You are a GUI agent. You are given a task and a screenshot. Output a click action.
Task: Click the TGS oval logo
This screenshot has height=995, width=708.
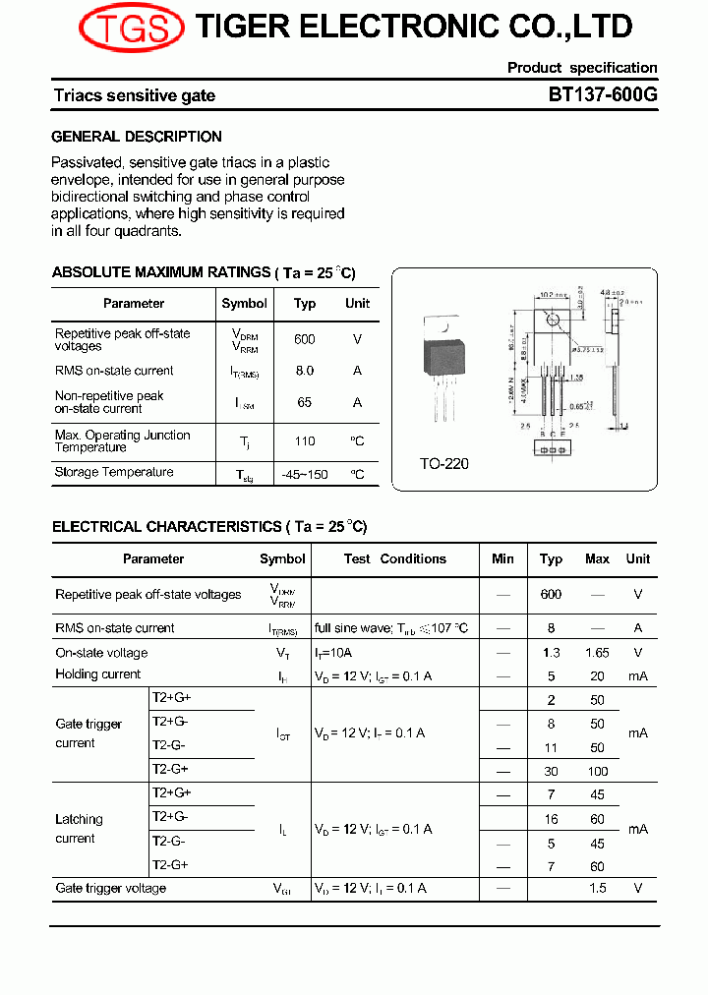(x=131, y=28)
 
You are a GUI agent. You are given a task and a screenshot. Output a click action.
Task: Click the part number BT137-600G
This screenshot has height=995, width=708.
(x=602, y=95)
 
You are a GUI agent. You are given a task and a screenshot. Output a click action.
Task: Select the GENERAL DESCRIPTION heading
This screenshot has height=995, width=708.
(x=137, y=137)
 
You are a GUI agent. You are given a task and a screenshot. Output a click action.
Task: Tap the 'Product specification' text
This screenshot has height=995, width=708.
(x=582, y=68)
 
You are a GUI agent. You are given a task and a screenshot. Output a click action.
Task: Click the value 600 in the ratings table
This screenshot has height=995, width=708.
(x=305, y=339)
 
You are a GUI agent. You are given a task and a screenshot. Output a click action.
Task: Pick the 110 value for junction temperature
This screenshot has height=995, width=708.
(x=305, y=441)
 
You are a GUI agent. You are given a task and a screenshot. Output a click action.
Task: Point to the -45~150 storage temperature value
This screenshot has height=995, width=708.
(x=305, y=474)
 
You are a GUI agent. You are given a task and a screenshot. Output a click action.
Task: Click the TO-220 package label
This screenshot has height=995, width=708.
(x=444, y=463)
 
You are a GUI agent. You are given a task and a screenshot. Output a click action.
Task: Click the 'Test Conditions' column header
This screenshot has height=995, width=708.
(x=394, y=558)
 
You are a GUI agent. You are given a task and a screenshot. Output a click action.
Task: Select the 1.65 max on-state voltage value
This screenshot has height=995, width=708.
(x=597, y=653)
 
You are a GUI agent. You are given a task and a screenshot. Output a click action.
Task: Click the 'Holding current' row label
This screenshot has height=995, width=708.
(x=98, y=674)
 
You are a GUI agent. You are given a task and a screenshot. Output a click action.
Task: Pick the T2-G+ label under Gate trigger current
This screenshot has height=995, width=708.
(x=170, y=769)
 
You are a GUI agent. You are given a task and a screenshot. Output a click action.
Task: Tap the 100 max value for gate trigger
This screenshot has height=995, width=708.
(x=597, y=772)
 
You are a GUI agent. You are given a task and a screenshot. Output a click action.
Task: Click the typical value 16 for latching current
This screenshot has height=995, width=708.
(x=551, y=819)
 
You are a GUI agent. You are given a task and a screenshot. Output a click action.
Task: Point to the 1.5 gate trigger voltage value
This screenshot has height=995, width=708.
(x=597, y=889)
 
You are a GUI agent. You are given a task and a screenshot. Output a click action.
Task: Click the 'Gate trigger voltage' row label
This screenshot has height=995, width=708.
(x=111, y=889)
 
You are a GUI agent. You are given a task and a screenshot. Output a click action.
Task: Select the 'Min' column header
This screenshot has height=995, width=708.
(x=502, y=558)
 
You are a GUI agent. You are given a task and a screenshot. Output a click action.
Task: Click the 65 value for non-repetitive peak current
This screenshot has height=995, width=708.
(x=305, y=402)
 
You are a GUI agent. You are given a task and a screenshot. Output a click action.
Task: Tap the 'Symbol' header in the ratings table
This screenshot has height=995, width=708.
(x=244, y=303)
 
